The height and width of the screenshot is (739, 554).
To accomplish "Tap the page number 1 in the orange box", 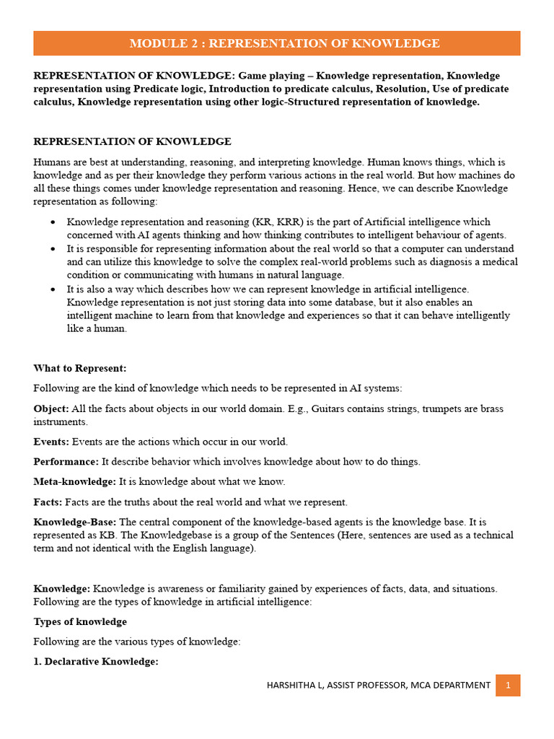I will (508, 685).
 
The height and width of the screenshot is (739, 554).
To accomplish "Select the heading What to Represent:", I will (80, 368).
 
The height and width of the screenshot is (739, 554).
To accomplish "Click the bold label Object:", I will (51, 408).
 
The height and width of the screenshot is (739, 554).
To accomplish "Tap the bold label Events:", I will (51, 441).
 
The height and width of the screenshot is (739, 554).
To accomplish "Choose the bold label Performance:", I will (66, 461).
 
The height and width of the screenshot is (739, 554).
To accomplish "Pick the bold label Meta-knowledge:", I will (74, 481).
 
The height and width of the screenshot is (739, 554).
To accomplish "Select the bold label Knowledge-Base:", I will (75, 522).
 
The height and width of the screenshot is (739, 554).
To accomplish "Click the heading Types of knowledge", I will (80, 621).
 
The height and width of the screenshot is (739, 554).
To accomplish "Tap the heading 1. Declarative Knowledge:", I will (96, 662).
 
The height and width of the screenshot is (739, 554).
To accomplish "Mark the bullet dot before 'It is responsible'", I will (53, 249).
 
